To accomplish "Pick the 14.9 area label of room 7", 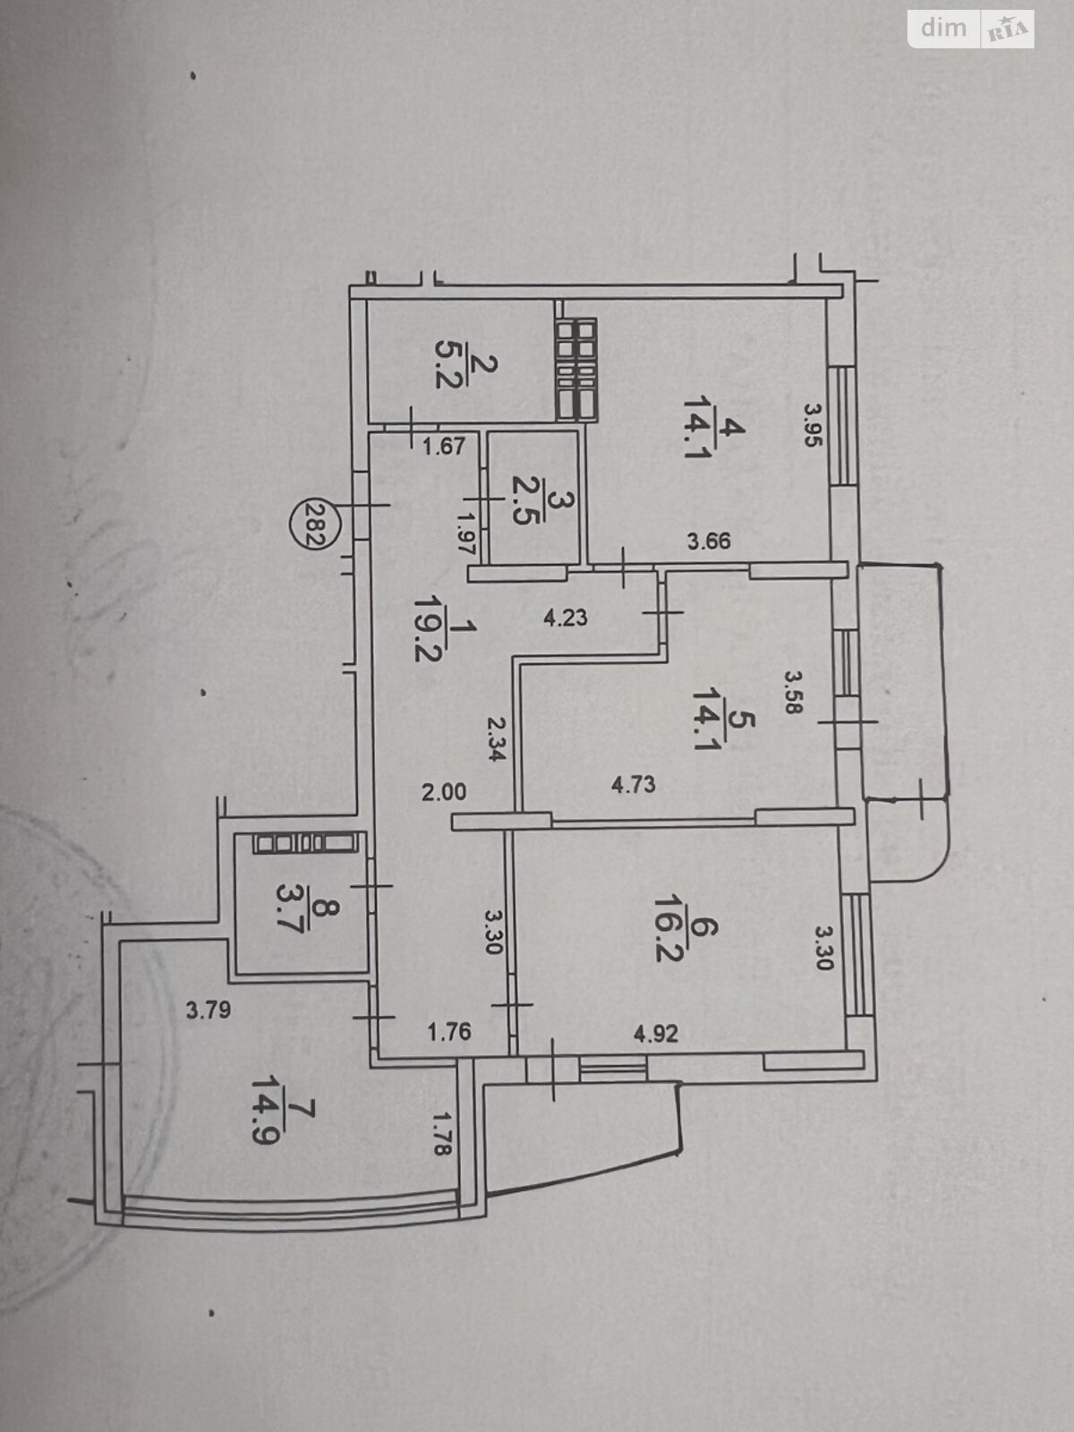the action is pos(265,1118).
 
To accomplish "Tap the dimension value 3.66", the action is pos(710,541).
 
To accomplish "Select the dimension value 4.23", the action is pos(566,618).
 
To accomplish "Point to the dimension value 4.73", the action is pos(633,784).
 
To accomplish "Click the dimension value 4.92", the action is pos(656,1034).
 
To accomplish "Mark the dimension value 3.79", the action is pos(209,1010).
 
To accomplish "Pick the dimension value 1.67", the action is pos(444,447).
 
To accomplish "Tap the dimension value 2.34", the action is pos(496,739).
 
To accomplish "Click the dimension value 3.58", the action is pos(791,693).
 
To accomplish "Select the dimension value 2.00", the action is pos(444,792).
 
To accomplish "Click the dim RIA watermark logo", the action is pos(970,30).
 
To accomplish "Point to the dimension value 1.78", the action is pos(442,1135).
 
